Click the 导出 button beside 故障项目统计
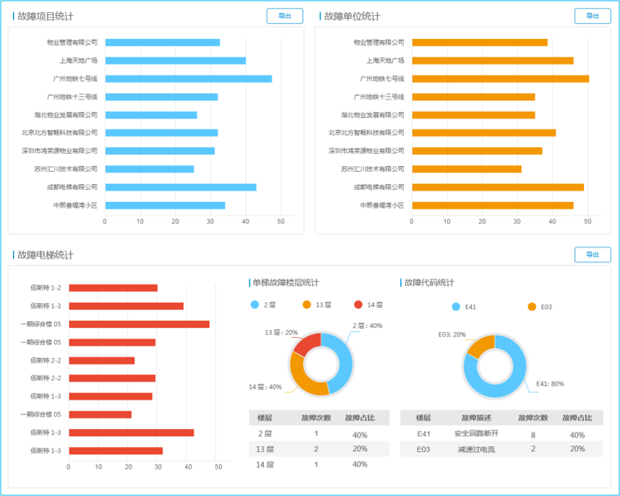(x=285, y=16)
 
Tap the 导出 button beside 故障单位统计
(x=593, y=16)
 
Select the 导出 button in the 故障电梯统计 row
(x=593, y=255)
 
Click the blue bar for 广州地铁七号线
(x=188, y=79)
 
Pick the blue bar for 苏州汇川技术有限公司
(x=149, y=169)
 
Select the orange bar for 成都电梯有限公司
(x=497, y=187)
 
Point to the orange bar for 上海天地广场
(x=492, y=61)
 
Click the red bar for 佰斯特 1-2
(x=113, y=288)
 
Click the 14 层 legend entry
(x=369, y=305)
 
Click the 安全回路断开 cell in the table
(x=476, y=434)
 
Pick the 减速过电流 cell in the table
(x=476, y=449)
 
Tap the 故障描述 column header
(x=476, y=418)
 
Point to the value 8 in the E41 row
(x=533, y=435)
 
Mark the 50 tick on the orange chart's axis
(x=587, y=221)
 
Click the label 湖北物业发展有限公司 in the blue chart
(x=66, y=115)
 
